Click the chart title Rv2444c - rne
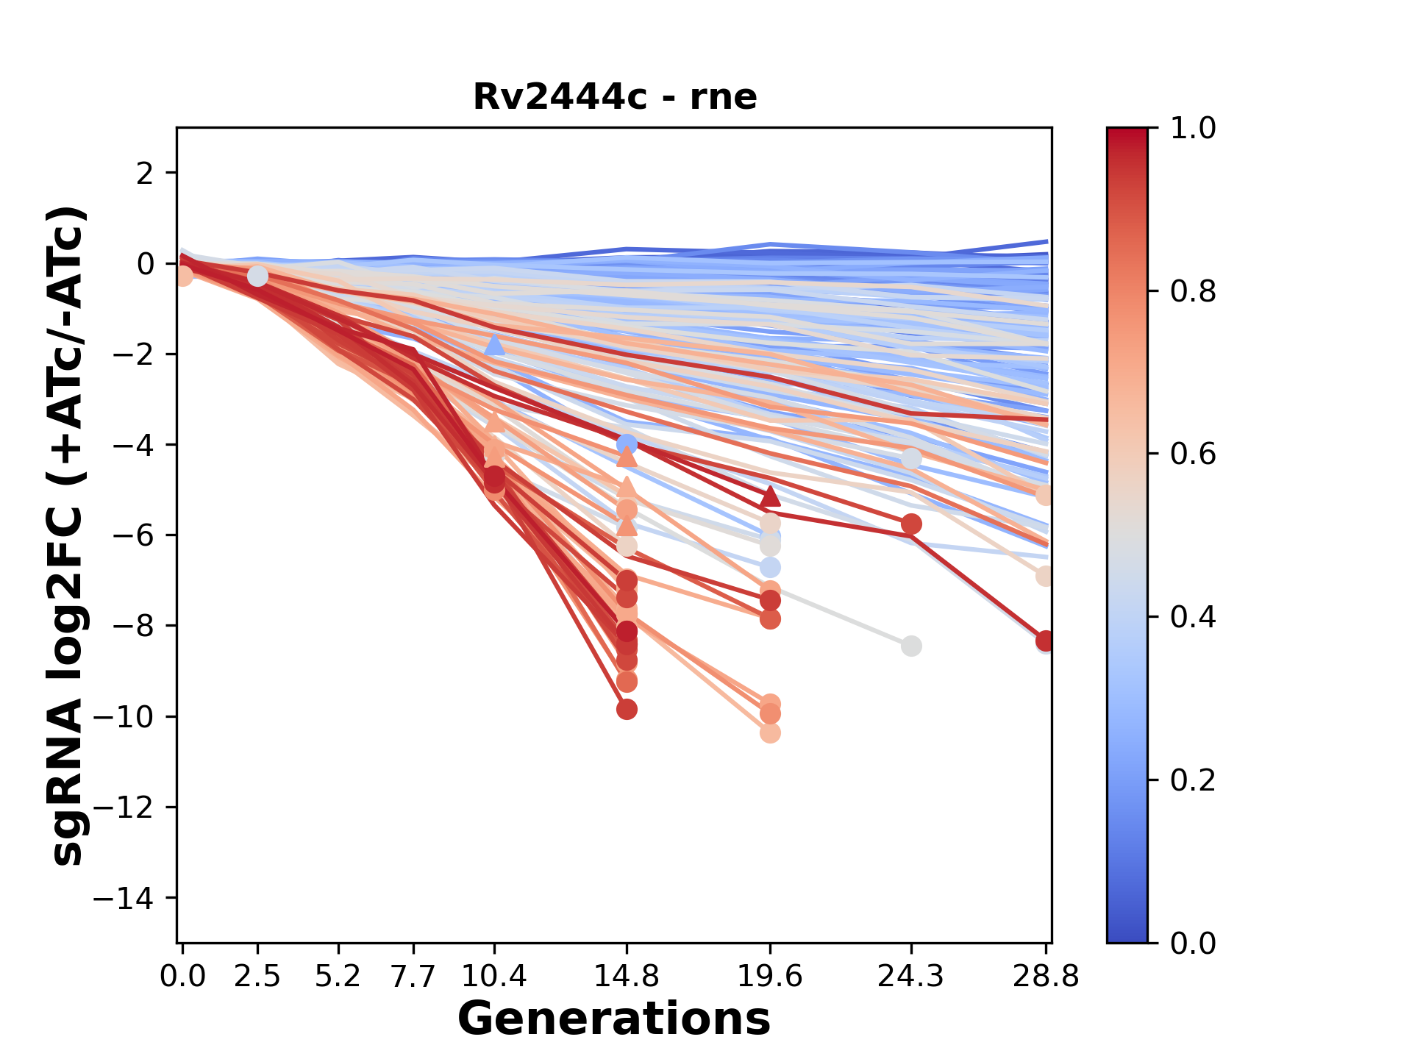(615, 96)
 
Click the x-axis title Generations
(614, 1019)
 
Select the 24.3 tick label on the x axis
(911, 977)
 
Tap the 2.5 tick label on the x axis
(257, 977)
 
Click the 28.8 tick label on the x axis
(1046, 977)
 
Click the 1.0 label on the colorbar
(1193, 129)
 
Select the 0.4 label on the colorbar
(1193, 617)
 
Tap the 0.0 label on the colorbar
(1193, 943)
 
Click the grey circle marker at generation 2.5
(257, 276)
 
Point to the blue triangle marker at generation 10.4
(494, 344)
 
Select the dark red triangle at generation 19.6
(770, 496)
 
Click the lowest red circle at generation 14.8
(627, 710)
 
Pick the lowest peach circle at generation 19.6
(770, 733)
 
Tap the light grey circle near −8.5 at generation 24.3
(911, 646)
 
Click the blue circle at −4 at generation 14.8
(627, 444)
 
